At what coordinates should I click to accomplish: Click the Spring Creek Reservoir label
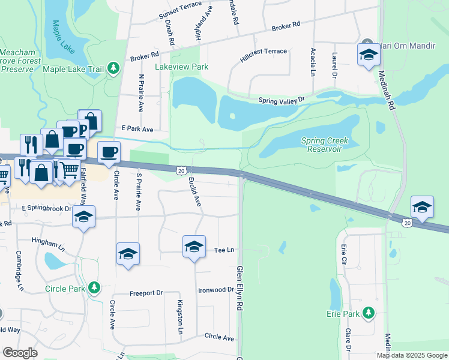pos(325,145)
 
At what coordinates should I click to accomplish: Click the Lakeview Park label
pos(182,67)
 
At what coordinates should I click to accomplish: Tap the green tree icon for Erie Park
pos(369,313)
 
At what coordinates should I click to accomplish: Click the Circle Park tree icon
pos(94,288)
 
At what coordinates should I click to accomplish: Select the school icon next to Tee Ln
pos(193,247)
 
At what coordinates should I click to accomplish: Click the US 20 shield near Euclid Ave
pos(181,170)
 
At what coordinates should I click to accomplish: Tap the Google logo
pos(20,352)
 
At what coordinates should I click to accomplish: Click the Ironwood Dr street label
pos(215,289)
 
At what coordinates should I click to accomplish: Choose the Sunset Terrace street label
pos(180,13)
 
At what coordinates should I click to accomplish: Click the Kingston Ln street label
pos(179,317)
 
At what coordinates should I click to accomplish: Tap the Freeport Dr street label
pos(146,293)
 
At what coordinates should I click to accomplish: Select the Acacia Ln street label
pos(313,62)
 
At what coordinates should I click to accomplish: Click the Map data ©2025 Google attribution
pos(412,355)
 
